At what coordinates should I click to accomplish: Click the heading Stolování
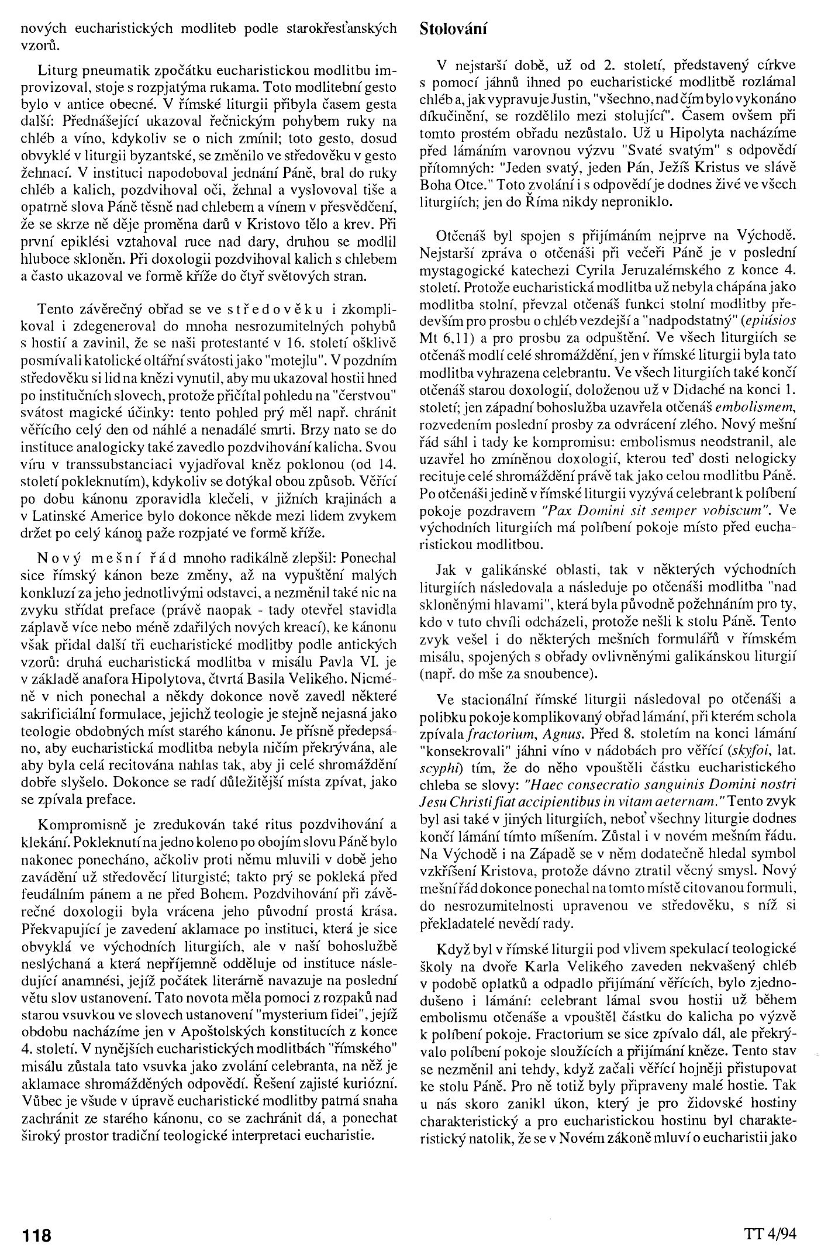[453, 29]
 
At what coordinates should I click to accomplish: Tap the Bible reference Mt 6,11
[444, 337]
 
